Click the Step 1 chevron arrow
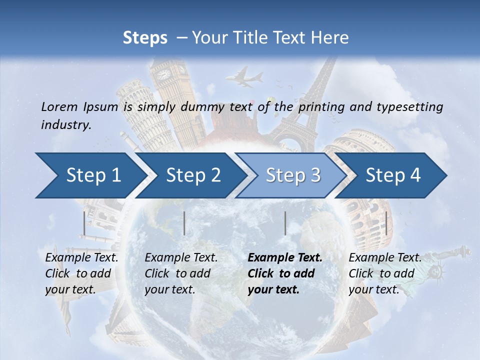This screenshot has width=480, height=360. [93, 175]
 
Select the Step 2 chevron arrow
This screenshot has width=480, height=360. [193, 175]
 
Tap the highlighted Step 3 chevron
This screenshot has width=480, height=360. [293, 175]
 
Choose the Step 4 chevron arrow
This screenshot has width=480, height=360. [393, 175]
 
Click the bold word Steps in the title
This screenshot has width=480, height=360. [145, 38]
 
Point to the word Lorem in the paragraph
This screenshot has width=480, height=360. [59, 106]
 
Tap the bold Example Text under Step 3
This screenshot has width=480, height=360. [285, 258]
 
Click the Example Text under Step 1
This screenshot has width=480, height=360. [81, 258]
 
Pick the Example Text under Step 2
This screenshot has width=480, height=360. [181, 258]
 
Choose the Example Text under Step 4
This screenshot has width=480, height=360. [385, 258]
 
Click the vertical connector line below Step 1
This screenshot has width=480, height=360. [84, 223]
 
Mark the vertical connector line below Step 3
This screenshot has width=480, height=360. [285, 223]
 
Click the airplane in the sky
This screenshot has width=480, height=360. [244, 78]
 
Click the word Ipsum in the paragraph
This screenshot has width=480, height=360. [100, 106]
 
